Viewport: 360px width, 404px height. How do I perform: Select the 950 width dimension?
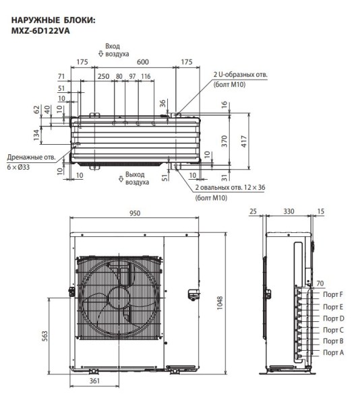coord(134,213)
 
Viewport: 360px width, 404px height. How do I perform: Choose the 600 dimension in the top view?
coord(142,61)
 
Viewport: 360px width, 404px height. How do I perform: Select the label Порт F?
coord(332,294)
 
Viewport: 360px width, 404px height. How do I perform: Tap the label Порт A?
coord(332,353)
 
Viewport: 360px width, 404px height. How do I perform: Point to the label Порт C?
coord(332,329)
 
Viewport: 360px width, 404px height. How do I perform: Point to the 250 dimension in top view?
coord(103,77)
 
